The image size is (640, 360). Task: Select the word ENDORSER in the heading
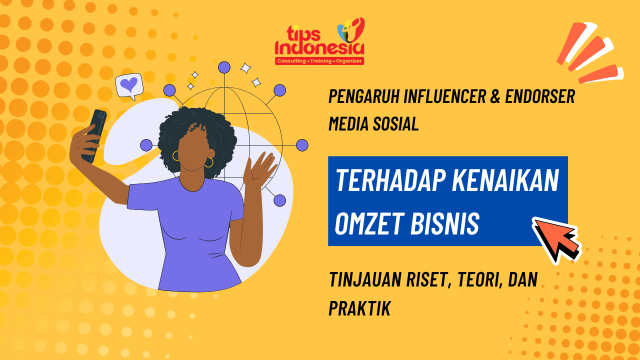pos(540,96)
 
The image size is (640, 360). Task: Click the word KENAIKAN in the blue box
pos(505,180)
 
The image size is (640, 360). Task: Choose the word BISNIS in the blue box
pos(445,223)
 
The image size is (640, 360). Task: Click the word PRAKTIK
pos(359,308)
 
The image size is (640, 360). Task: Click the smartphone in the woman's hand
pos(94,136)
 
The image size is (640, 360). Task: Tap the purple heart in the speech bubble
pos(129,84)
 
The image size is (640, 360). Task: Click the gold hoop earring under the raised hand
pos(209,162)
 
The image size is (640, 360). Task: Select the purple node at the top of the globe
pos(224,67)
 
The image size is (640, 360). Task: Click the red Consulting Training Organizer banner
pos(319,61)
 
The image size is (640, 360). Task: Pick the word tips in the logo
pos(303,33)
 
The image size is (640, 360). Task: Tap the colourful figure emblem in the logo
pos(351,30)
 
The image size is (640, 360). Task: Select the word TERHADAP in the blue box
pos(390,180)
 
